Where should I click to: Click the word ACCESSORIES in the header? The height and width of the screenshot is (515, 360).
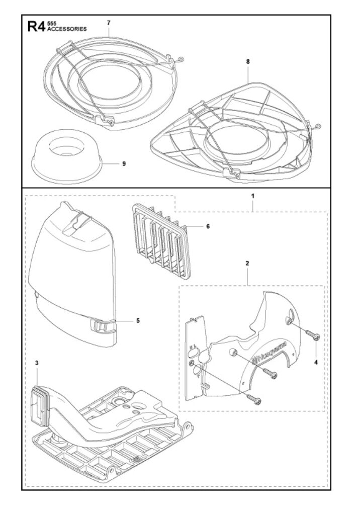[x=67, y=29]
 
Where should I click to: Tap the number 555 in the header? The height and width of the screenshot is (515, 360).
[x=51, y=23]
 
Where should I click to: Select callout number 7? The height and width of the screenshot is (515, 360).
[x=109, y=23]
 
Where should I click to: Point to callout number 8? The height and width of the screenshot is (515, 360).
[x=248, y=61]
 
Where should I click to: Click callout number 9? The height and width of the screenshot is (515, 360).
[x=124, y=163]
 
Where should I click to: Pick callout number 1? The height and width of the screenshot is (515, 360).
[x=252, y=196]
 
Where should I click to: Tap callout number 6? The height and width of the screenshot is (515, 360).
[x=208, y=226]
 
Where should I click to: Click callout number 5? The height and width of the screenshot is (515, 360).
[x=138, y=320]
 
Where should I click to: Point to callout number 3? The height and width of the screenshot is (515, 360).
[x=37, y=363]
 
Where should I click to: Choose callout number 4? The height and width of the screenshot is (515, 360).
[x=316, y=362]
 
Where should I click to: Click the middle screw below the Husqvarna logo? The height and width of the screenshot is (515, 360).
[x=270, y=373]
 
